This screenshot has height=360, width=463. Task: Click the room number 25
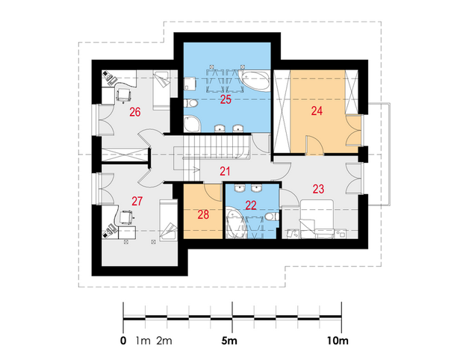(226, 99)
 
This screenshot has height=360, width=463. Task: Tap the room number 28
(203, 214)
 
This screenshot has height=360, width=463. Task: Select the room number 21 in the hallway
(225, 171)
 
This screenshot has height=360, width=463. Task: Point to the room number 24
(317, 111)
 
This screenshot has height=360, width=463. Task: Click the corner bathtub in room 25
(255, 81)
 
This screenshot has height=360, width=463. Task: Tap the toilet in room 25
(190, 103)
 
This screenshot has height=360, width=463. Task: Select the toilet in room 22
(272, 217)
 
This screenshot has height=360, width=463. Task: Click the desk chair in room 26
(124, 95)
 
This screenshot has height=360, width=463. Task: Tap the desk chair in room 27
(127, 217)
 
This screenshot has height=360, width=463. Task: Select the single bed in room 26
(161, 90)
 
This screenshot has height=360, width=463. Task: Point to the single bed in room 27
(169, 220)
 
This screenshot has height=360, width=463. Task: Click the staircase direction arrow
(196, 170)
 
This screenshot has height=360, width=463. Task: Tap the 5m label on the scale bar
(229, 341)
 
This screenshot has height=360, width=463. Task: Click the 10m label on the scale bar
(338, 341)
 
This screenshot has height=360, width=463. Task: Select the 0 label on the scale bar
(123, 341)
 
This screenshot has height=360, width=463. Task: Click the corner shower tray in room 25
(192, 124)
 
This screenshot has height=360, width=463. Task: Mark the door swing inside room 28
(212, 192)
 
